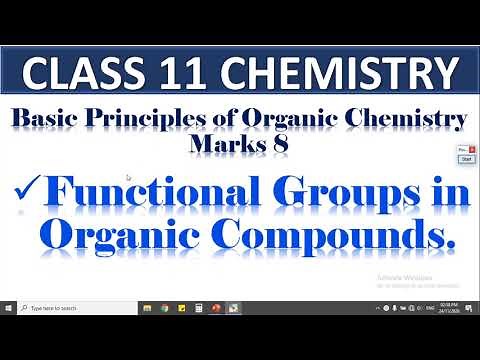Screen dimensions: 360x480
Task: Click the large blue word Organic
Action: [x=114, y=236]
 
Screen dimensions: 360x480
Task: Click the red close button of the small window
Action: [x=472, y=149]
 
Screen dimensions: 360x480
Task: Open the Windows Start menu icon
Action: [x=9, y=308]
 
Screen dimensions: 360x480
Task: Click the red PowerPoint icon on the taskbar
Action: [x=216, y=308]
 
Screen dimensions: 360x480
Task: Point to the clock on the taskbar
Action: [x=446, y=308]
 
